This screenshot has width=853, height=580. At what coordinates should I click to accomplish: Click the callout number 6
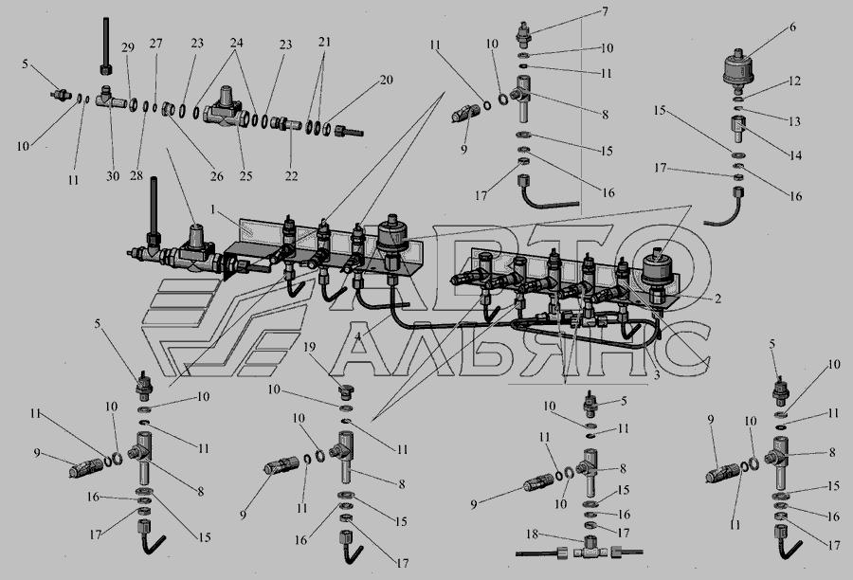(x=792, y=27)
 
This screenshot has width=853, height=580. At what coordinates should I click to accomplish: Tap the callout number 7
(x=605, y=11)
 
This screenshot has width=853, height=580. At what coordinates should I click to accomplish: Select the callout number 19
(x=309, y=347)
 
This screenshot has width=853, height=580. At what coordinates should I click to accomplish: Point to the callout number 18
(x=532, y=535)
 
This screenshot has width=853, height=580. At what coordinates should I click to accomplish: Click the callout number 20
(x=386, y=80)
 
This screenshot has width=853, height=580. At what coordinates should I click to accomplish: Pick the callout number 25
(x=245, y=176)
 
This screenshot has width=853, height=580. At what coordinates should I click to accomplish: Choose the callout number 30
(x=113, y=176)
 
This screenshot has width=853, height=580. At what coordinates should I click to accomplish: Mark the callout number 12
(x=794, y=82)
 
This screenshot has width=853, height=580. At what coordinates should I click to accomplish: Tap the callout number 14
(x=795, y=155)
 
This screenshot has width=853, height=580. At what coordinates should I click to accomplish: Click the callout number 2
(x=717, y=299)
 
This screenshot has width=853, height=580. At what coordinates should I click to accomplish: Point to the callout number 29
(x=127, y=47)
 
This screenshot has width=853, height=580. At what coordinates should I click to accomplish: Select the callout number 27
(x=155, y=43)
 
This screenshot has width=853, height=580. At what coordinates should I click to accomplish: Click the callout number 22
(x=292, y=176)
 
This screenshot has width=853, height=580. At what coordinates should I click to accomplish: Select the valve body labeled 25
(x=224, y=107)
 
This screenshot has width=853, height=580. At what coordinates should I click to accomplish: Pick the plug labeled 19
(x=345, y=390)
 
